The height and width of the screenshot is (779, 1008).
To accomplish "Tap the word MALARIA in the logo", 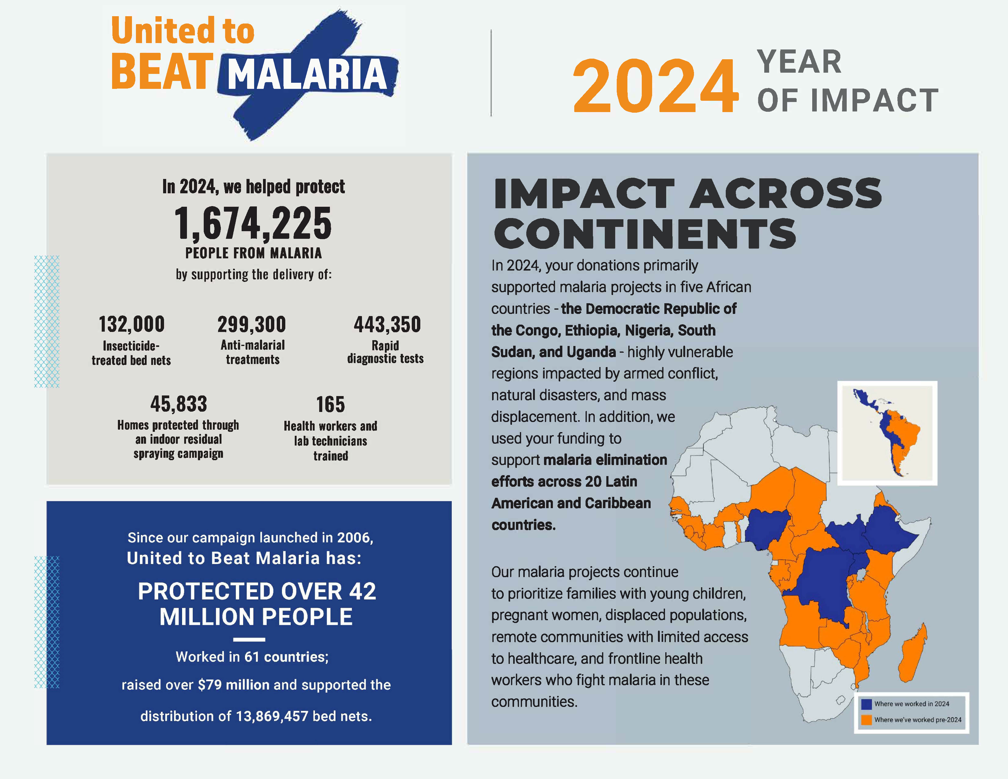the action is pos(307,74).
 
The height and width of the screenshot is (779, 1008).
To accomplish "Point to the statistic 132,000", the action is pos(132,324).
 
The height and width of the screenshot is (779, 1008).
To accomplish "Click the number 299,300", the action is pos(252,324).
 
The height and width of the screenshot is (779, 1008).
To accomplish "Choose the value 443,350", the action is pos(387,324).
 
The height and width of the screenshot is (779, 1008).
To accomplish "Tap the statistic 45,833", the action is pos(179,404).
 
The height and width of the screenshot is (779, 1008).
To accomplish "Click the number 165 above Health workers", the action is pos(331,404).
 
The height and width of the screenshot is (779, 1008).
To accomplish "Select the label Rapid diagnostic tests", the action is pos(385,352).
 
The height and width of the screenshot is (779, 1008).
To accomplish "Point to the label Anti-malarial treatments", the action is pos(253,352).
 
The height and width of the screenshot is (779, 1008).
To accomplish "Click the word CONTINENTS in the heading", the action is pos(645,234).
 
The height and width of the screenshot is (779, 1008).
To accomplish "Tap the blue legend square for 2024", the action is pos(866,704).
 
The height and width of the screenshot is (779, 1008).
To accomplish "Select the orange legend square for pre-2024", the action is pos(866,719).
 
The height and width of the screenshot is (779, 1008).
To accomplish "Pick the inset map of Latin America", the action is pos(887,433).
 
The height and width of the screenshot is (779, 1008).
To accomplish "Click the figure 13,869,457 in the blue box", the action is pos(272,716).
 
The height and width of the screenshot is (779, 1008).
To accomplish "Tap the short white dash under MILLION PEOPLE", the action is pos(249,640).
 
